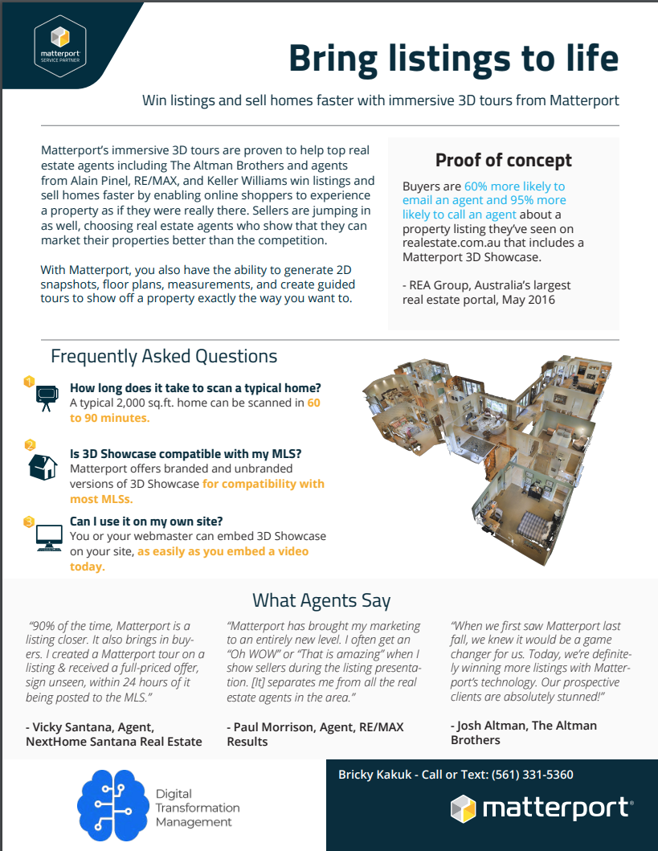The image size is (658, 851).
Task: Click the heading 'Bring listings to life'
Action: click(453, 58)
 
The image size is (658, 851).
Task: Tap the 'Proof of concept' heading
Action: click(503, 160)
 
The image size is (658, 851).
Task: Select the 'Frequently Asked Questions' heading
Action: click(164, 356)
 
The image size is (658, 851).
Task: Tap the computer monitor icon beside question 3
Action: click(50, 538)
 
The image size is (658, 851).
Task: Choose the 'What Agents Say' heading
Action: click(321, 600)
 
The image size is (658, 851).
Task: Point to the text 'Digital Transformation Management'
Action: click(197, 808)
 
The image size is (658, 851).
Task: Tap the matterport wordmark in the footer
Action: click(542, 808)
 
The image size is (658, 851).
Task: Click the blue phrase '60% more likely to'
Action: click(514, 186)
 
